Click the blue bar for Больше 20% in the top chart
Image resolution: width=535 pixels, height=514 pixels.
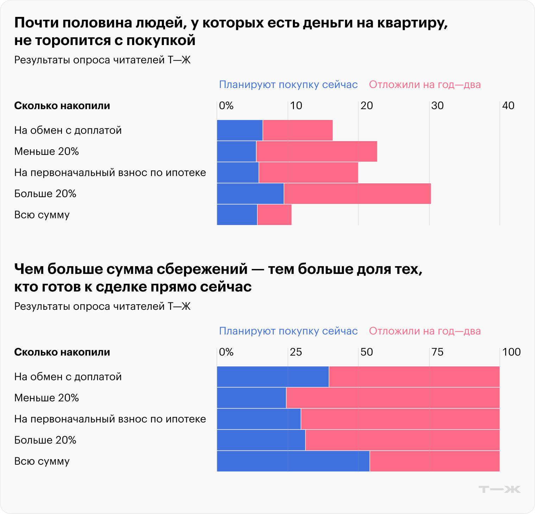250,194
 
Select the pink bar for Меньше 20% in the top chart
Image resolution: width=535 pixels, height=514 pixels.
316,151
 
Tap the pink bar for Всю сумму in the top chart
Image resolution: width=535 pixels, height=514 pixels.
274,215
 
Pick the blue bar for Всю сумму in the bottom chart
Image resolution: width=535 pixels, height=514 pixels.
293,461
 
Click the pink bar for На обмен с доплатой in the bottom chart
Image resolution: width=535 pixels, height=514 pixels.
414,377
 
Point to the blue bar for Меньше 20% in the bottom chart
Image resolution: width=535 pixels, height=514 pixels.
251,398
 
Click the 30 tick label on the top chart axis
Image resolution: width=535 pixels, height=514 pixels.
438,106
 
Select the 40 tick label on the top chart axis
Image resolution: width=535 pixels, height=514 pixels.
508,106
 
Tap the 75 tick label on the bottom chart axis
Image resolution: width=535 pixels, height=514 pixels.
438,352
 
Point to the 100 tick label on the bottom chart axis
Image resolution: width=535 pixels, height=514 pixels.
511,352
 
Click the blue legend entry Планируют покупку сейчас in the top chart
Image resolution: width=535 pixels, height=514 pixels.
288,85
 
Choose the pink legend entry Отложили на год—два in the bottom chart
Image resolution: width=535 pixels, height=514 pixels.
424,331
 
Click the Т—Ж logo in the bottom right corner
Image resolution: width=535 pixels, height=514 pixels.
499,489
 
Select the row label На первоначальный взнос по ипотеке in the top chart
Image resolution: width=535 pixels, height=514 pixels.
110,173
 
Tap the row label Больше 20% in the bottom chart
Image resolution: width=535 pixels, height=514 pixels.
45,440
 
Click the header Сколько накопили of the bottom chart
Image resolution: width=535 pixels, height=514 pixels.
62,352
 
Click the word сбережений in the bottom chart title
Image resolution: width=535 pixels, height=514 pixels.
202,269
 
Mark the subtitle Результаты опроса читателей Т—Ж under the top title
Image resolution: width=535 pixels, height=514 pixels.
102,60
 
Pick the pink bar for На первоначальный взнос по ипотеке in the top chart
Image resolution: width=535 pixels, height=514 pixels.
308,173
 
